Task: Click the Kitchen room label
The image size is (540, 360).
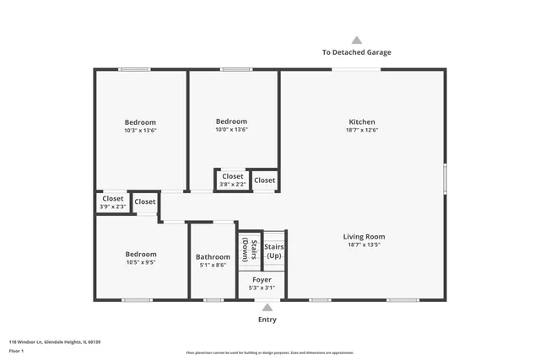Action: click(x=362, y=121)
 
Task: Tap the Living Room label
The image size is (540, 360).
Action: click(x=364, y=237)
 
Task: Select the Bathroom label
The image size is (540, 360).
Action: click(x=213, y=256)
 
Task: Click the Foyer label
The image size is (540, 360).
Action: click(x=262, y=279)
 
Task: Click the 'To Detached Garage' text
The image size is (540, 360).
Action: click(x=356, y=52)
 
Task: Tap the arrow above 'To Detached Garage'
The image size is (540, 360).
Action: click(x=356, y=40)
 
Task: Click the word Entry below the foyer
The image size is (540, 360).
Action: click(x=267, y=320)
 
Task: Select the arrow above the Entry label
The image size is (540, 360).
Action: click(x=267, y=309)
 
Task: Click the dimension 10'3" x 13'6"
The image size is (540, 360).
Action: click(x=140, y=131)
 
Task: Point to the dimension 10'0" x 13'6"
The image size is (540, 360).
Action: click(x=231, y=130)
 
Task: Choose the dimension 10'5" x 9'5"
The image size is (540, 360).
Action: click(x=141, y=262)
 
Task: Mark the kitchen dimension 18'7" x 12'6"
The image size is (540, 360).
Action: click(x=362, y=131)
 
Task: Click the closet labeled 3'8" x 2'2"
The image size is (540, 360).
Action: click(x=233, y=180)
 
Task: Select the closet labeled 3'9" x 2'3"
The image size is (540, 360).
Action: click(x=112, y=202)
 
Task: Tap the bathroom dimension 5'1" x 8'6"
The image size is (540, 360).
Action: click(x=213, y=266)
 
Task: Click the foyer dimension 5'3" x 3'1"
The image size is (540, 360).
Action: click(x=262, y=287)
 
